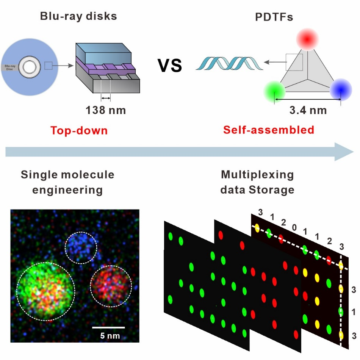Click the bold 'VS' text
tap(170, 65)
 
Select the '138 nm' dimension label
tap(105, 111)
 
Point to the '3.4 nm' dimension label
tap(308, 111)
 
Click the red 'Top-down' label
tap(79, 131)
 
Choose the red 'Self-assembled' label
tap(269, 130)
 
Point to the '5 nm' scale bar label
tap(108, 335)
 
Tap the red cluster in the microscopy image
tap(111, 286)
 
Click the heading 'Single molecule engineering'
tap(67, 182)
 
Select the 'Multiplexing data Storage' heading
tap(257, 182)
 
